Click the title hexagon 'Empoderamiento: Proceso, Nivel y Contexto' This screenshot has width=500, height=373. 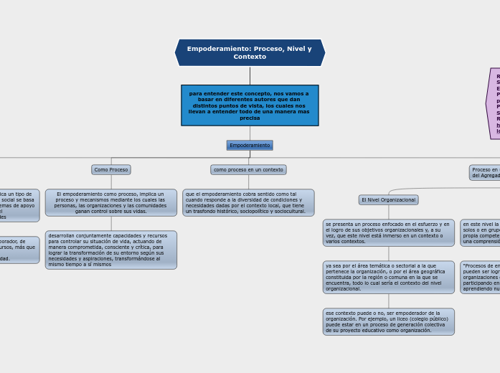(x=250, y=52)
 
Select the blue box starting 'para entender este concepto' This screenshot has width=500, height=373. (x=250, y=105)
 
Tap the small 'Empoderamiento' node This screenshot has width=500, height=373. (x=250, y=145)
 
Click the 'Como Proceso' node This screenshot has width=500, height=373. (x=111, y=170)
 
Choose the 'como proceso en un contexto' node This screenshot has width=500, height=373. (x=248, y=170)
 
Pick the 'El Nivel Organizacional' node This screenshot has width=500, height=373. (x=388, y=199)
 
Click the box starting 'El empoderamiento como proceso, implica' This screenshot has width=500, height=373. (x=111, y=202)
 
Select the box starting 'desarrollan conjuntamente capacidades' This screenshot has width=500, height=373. (x=111, y=250)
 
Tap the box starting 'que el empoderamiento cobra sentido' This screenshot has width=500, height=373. (x=248, y=202)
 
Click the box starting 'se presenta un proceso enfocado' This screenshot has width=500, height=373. (x=388, y=232)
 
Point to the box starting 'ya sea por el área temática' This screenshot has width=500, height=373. (x=388, y=277)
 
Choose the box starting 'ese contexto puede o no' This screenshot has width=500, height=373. (x=388, y=321)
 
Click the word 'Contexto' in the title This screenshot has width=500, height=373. (x=250, y=57)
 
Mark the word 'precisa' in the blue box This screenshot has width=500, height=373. (x=250, y=118)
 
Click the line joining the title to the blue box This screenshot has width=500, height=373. (x=250, y=75)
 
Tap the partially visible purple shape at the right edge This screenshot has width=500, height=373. (x=494, y=103)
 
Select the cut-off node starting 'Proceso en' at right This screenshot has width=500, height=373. (x=484, y=172)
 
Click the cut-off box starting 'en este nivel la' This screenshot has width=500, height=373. (x=480, y=232)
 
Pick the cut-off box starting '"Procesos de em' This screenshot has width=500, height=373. (x=480, y=277)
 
